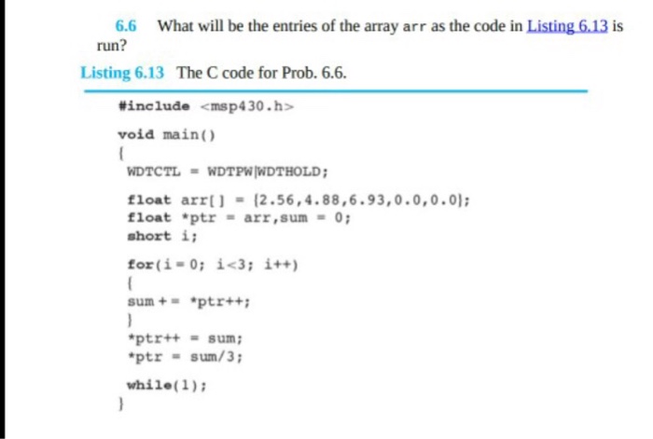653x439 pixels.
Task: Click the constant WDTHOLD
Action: [x=291, y=172]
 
